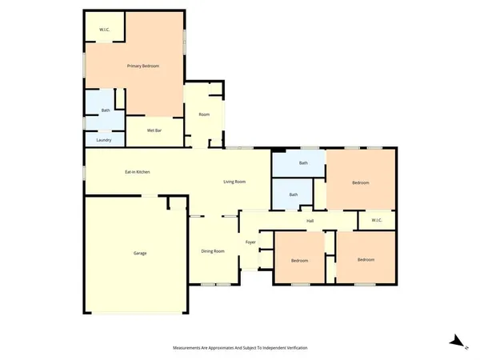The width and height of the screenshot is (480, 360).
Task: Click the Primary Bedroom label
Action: (139, 66)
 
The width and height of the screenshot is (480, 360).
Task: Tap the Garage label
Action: (139, 254)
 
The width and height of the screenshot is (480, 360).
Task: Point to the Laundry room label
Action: (103, 140)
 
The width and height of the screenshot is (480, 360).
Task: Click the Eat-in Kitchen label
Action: (138, 172)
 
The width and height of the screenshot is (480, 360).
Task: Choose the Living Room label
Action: (234, 182)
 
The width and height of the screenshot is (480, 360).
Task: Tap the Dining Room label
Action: (213, 251)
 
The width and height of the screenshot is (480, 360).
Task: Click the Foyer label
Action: (250, 242)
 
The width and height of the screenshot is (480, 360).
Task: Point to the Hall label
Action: (309, 221)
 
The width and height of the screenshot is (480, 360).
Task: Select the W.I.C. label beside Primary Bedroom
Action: (104, 30)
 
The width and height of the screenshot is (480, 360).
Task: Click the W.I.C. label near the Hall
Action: (376, 221)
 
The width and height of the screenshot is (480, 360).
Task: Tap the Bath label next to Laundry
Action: (105, 110)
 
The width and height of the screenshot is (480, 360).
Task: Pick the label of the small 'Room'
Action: (204, 115)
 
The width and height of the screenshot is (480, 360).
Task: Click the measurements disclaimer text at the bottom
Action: (240, 348)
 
